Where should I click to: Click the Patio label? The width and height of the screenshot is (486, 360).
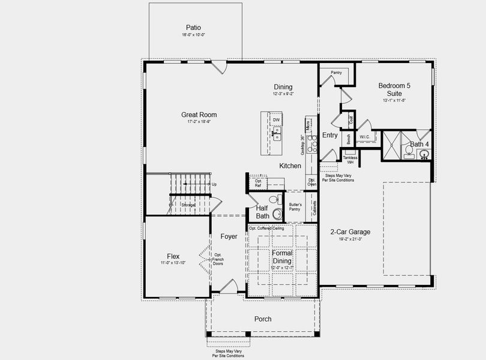click(193, 28)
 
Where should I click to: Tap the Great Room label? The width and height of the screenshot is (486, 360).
click(199, 115)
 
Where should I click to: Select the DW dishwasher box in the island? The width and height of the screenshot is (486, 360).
click(277, 120)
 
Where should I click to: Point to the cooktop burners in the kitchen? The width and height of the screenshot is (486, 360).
click(311, 144)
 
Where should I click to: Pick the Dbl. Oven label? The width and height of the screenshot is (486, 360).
click(312, 182)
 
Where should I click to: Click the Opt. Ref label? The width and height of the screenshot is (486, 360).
click(258, 183)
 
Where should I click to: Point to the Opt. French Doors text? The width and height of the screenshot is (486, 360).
click(218, 259)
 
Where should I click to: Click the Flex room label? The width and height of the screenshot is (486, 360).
click(173, 256)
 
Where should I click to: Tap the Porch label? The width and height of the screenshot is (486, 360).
click(263, 319)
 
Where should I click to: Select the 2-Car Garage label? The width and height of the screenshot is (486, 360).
click(350, 232)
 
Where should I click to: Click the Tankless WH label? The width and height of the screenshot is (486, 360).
click(350, 160)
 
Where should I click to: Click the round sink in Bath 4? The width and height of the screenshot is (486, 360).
click(424, 154)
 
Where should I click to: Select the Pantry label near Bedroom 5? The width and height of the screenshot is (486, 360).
click(336, 73)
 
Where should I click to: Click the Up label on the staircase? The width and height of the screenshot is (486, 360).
click(214, 184)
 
